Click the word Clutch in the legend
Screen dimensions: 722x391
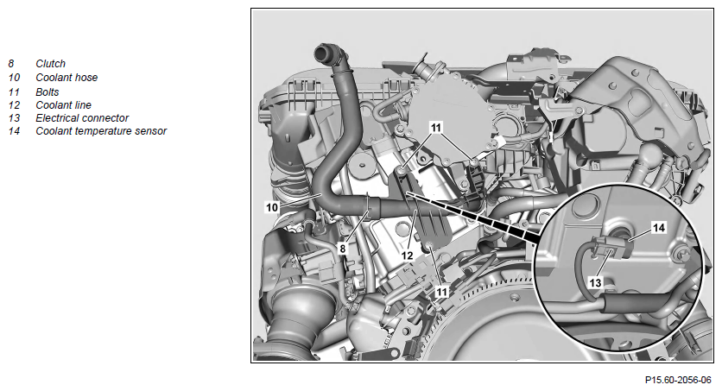pyautogui.click(x=51, y=64)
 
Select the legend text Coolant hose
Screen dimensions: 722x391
pyautogui.click(x=66, y=78)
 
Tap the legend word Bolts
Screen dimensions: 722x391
pyautogui.click(x=47, y=92)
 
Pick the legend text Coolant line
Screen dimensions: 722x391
pyautogui.click(x=64, y=105)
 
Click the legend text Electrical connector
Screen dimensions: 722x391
pyautogui.click(x=82, y=117)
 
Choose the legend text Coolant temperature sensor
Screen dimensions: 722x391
pyautogui.click(x=101, y=131)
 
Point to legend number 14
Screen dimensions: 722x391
pyautogui.click(x=14, y=131)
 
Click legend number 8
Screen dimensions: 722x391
pyautogui.click(x=11, y=64)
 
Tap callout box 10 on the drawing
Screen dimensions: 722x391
pyautogui.click(x=272, y=207)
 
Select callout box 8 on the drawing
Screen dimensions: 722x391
pyautogui.click(x=342, y=249)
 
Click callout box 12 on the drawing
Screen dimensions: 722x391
pyautogui.click(x=408, y=255)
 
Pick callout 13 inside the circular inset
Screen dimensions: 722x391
pyautogui.click(x=595, y=282)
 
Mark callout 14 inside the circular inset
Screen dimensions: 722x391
pyautogui.click(x=659, y=228)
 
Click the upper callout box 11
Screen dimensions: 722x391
pyautogui.click(x=435, y=128)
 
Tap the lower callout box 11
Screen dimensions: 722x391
pyautogui.click(x=441, y=292)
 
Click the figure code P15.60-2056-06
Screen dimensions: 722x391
pyautogui.click(x=678, y=380)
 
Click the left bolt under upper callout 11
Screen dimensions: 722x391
pyautogui.click(x=402, y=171)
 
